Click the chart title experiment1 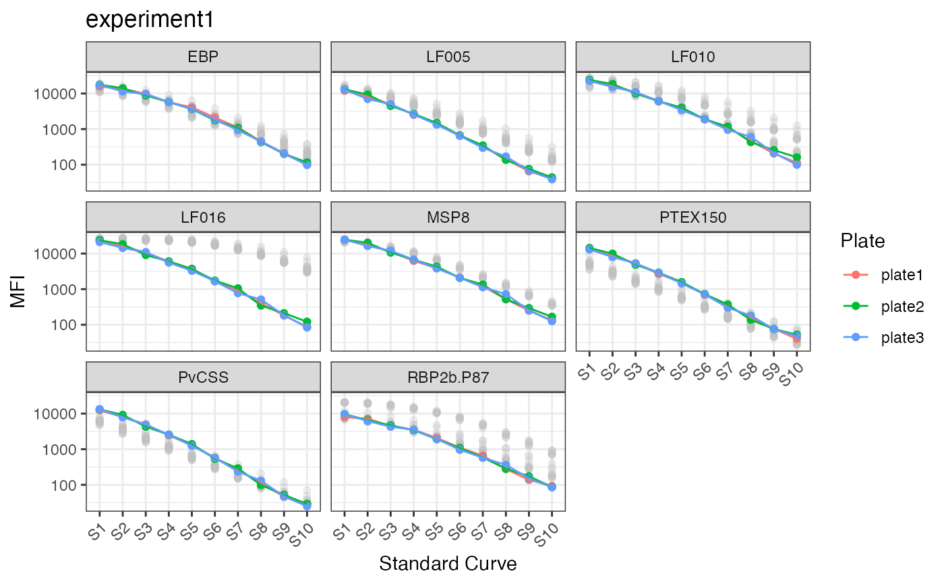tap(150, 20)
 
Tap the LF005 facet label tap(447, 57)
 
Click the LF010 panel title tap(692, 57)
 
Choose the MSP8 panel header tap(447, 217)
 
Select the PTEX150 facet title tap(692, 217)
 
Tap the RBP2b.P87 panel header tap(447, 377)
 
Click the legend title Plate tap(862, 240)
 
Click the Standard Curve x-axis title tap(448, 564)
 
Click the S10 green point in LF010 tap(797, 157)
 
